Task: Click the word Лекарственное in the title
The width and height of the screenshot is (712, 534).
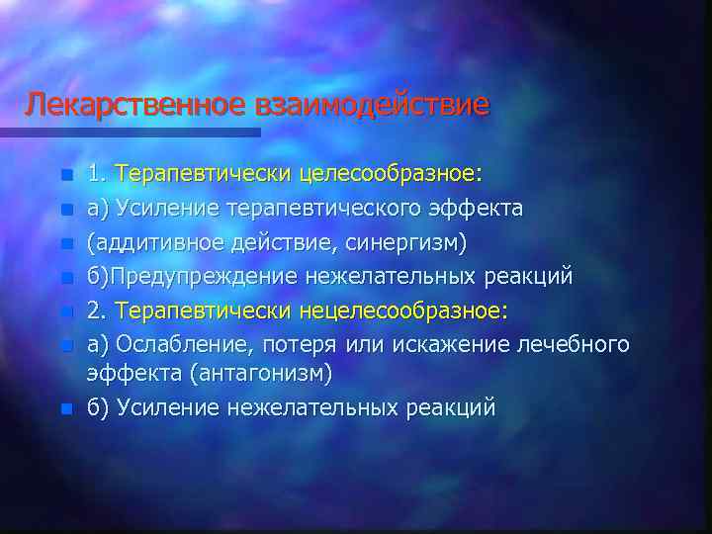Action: (137, 103)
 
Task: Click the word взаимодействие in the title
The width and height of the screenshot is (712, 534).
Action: (372, 103)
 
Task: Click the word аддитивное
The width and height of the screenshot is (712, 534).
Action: (144, 242)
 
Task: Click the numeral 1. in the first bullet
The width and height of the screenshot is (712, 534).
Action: (97, 175)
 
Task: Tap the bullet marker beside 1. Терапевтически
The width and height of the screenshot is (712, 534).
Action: (65, 176)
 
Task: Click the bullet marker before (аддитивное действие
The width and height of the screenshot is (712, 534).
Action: (65, 243)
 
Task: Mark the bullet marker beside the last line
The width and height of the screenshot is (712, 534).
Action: (65, 407)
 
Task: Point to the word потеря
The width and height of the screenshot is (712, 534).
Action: (306, 344)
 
